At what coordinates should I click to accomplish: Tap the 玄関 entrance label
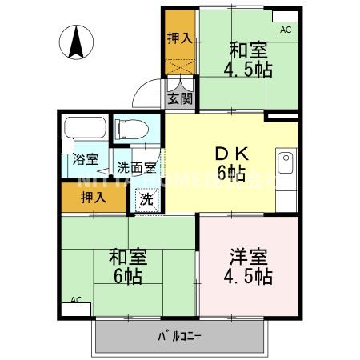tap(180, 99)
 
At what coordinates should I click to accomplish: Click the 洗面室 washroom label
tap(136, 168)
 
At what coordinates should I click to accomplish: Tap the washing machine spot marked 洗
tap(147, 197)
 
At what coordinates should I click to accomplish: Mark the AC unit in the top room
tap(284, 17)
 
